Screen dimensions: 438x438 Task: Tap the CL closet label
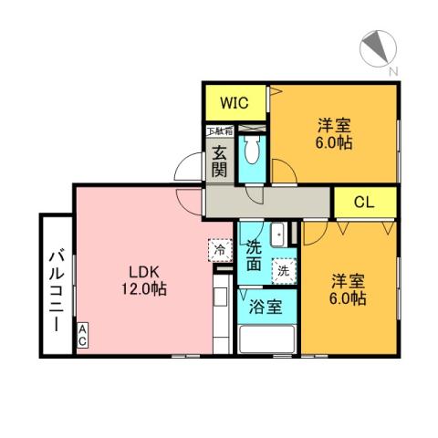point(362,202)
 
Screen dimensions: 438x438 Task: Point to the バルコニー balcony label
point(53,286)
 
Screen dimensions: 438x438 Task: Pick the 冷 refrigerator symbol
point(220,248)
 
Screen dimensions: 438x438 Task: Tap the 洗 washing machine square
point(283,270)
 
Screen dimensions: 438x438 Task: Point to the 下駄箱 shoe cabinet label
point(219,130)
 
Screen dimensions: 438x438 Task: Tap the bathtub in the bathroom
point(266,339)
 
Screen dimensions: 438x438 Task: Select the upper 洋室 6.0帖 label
point(335,133)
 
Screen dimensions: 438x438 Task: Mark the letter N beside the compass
point(391,71)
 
